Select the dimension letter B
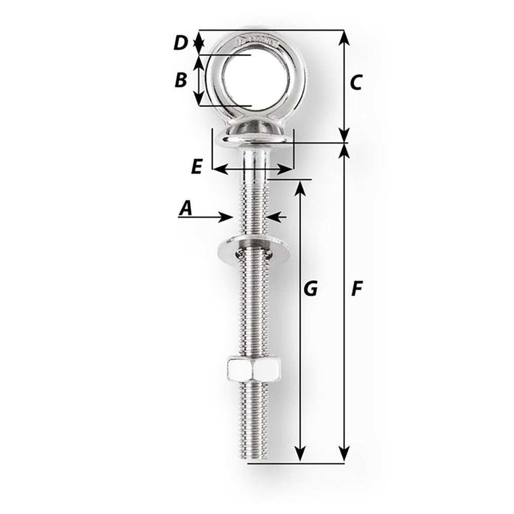tap(180, 80)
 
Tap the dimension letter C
tap(356, 82)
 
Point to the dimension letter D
tap(180, 43)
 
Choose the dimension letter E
tap(196, 167)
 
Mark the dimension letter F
tap(356, 289)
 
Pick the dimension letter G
tap(310, 289)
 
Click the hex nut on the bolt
tap(253, 369)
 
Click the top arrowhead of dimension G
tap(300, 188)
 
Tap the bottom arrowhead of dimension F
tap(344, 454)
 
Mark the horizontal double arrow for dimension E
tap(253, 169)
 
